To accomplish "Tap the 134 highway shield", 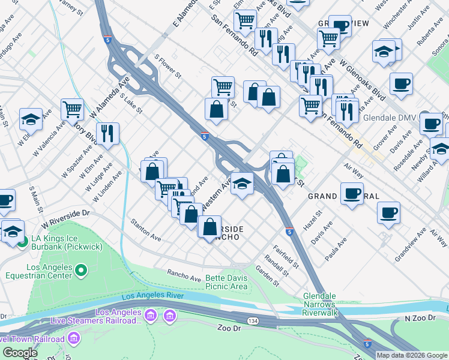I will tap(253, 322).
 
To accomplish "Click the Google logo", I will tap(20, 352).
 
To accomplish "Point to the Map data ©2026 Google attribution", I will tap(412, 355).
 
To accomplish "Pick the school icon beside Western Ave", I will tap(242, 183).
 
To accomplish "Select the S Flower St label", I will tap(167, 67).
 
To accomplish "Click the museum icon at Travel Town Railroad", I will tap(74, 340).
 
